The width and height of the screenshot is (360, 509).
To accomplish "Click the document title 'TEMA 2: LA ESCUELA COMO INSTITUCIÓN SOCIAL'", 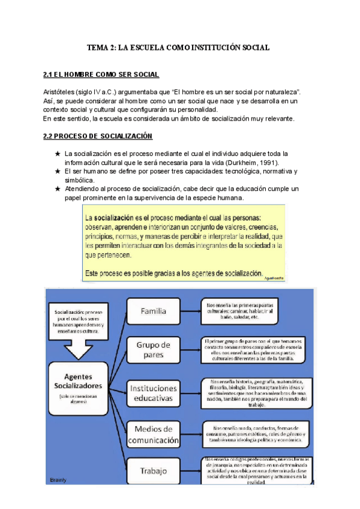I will tap(178, 47).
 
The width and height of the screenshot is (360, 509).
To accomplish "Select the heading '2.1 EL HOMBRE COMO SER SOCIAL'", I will tap(101, 75).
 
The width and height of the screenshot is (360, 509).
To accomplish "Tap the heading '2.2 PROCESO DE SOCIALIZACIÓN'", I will tap(98, 136).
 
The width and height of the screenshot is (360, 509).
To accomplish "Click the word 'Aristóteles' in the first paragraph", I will tap(59, 91).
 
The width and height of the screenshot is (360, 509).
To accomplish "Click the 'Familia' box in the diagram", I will tap(154, 311).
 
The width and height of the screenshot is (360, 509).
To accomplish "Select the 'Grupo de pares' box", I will tap(154, 349).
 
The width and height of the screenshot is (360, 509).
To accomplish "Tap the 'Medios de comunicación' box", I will tap(154, 434).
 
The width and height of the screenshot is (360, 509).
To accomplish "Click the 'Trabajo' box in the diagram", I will tap(154, 471).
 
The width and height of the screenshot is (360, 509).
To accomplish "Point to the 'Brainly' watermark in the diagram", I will tap(59, 480).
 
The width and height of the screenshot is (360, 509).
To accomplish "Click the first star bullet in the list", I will tap(57, 154).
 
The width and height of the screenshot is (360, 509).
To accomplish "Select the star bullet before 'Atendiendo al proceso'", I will tap(57, 189).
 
